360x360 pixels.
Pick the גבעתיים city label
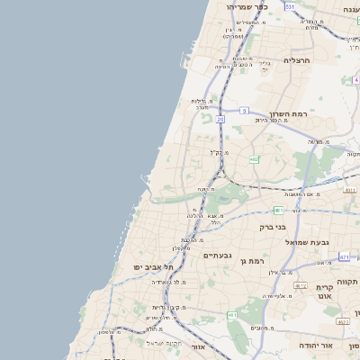click(x=217, y=256)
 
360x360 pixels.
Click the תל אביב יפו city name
click(x=151, y=266)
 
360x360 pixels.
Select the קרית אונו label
click(x=325, y=289)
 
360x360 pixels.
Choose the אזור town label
click(x=199, y=346)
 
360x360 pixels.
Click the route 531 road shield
click(x=290, y=6)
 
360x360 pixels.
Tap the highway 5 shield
click(x=244, y=110)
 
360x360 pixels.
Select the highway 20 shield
click(x=220, y=118)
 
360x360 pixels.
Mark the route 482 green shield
click(x=254, y=158)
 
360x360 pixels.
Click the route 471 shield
click(x=344, y=256)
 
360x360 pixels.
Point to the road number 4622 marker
click(x=342, y=320)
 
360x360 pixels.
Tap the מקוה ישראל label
click(x=165, y=343)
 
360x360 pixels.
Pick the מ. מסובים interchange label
click(x=262, y=328)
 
